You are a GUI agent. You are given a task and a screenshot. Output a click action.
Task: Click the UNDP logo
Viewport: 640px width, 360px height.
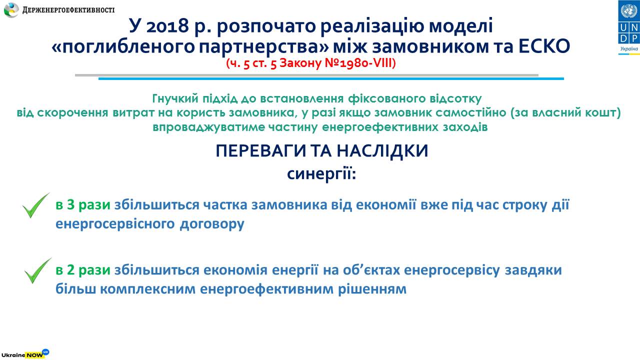(x=628, y=27)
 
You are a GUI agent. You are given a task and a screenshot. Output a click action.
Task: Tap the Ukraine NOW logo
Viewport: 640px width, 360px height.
(x=25, y=353)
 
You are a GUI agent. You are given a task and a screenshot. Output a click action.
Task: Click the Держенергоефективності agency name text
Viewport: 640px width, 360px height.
(x=68, y=10)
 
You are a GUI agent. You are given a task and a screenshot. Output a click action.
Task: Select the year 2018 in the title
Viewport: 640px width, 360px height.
(x=167, y=25)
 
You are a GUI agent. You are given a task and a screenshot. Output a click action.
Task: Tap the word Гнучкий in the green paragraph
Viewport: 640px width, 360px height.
(x=175, y=98)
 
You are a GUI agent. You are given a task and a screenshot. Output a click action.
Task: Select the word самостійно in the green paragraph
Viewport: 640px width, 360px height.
(x=471, y=112)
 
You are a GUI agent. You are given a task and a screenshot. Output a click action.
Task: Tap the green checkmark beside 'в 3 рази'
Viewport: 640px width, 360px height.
(x=35, y=205)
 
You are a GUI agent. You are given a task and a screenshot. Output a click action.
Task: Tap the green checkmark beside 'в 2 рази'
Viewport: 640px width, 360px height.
(x=37, y=271)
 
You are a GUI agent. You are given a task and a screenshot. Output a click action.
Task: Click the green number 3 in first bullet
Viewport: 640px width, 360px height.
(x=71, y=205)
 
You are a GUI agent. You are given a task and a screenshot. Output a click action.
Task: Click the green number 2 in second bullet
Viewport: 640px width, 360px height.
(x=71, y=270)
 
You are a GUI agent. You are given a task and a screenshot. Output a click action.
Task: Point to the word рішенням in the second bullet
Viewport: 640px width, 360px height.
(x=372, y=289)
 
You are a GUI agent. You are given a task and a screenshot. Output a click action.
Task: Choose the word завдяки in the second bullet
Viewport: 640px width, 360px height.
(x=533, y=270)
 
